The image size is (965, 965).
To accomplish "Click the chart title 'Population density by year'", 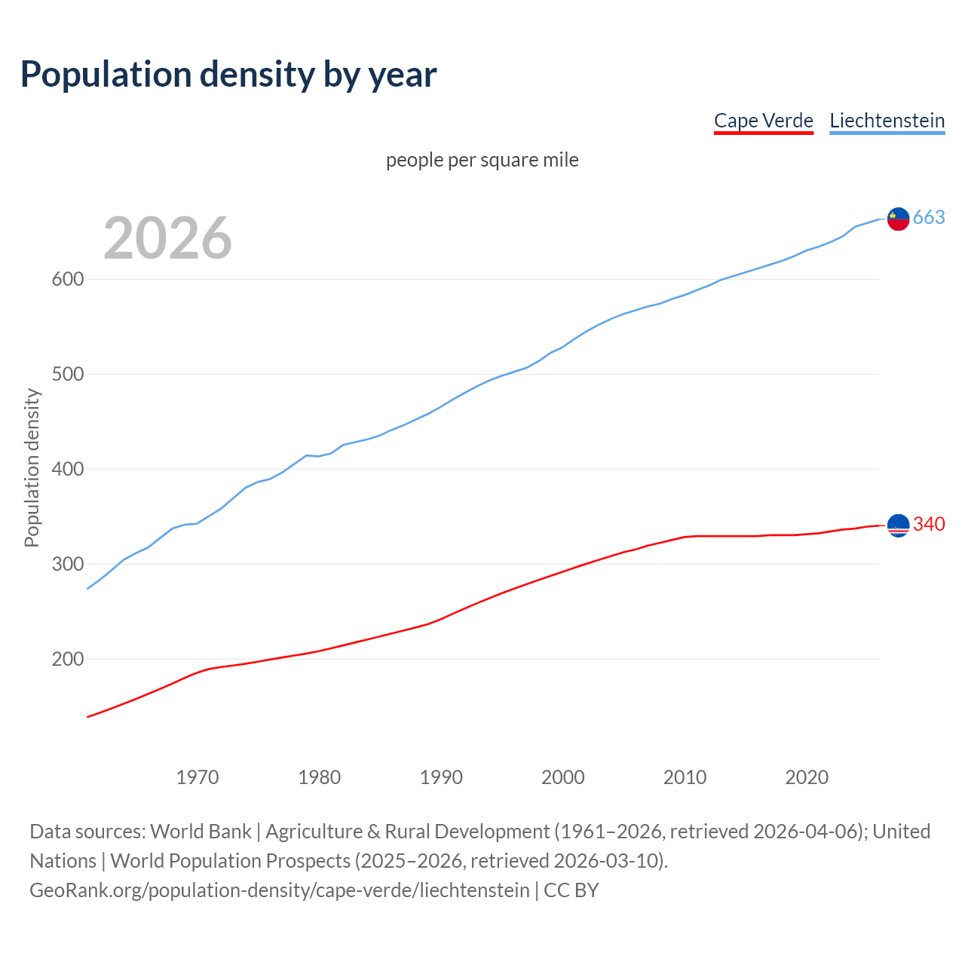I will point(228,75).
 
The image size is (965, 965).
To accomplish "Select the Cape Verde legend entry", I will point(763,121).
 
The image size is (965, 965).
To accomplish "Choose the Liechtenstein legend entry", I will point(887,121).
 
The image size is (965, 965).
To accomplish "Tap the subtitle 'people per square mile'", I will point(482,161).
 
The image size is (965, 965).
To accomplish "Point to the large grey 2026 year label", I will point(167,238).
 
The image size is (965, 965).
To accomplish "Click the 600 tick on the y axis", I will point(67,279).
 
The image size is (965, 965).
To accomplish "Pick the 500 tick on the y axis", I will point(67,374).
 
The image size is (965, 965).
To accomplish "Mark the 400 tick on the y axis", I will point(67,469).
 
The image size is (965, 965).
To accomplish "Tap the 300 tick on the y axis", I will point(67,564).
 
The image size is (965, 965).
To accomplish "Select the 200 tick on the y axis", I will point(67,659).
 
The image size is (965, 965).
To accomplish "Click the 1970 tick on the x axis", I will point(198,777).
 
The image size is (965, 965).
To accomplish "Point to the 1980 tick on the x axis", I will point(319,777).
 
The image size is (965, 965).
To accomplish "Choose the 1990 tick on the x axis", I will point(441,777).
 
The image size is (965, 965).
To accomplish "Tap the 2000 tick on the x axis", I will point(563,777).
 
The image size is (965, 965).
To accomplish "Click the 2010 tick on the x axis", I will point(685,777).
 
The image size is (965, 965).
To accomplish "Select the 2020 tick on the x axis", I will point(807,777).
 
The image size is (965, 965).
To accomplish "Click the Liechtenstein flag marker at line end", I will point(898,219).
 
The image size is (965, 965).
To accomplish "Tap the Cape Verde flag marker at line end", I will point(898,525).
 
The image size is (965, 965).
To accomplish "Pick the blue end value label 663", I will point(929,218).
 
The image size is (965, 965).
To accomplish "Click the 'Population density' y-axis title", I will point(32,467).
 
